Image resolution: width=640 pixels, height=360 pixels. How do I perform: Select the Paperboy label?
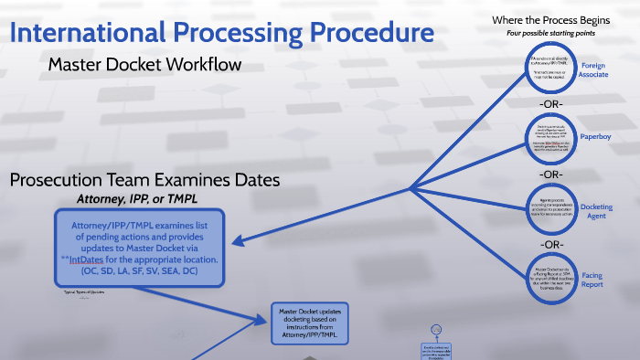tap(594, 136)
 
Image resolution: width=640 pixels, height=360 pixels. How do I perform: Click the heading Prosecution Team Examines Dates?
tap(144, 180)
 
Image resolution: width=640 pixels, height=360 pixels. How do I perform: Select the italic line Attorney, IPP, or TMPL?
tap(137, 198)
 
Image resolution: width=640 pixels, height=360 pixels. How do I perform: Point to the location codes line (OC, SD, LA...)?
tap(137, 271)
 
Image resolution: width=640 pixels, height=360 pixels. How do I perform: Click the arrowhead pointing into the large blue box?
tap(237, 243)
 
